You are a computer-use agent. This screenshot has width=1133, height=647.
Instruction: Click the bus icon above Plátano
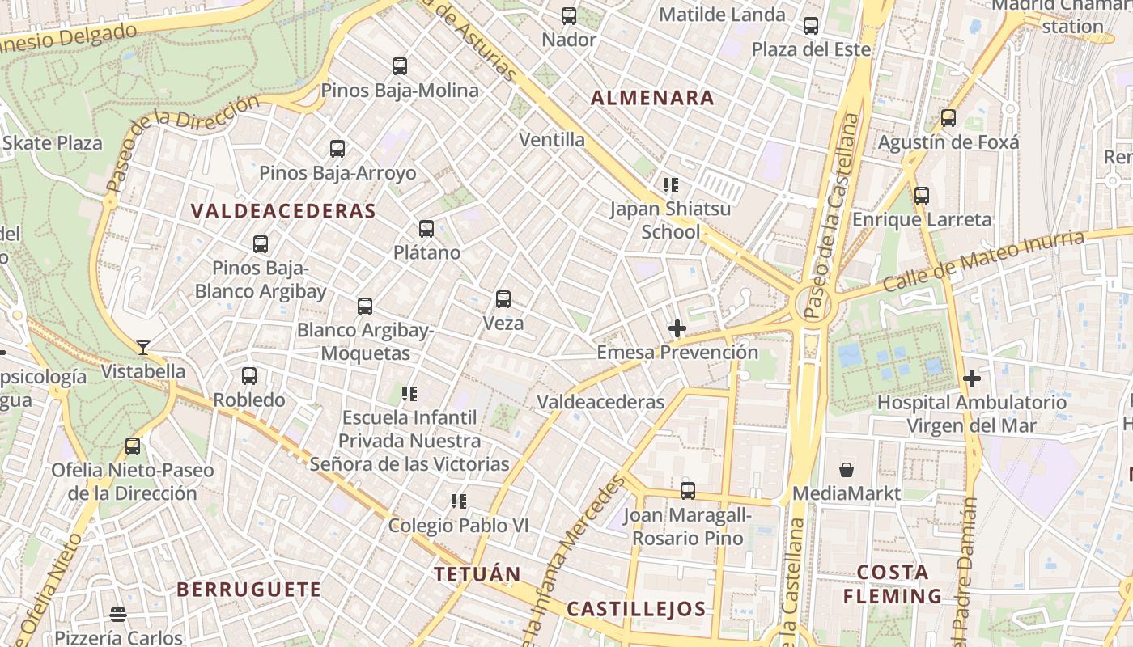coord(426,229)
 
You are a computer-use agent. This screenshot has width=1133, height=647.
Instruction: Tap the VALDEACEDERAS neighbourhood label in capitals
coord(283,212)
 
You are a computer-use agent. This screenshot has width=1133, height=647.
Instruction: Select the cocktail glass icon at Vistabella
coord(143,348)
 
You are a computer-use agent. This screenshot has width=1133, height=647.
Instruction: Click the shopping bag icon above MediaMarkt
coord(847,470)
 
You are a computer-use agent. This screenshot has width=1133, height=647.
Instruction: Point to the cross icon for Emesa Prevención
coord(677,328)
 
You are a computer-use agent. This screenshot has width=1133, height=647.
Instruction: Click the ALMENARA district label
coord(652,99)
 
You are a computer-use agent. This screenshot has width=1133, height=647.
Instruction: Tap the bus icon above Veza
coord(503,299)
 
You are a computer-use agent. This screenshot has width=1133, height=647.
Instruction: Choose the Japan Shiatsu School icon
coord(670,185)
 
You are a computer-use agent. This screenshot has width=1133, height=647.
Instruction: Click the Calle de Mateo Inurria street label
coord(982,261)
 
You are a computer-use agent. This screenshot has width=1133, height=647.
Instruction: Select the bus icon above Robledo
coord(249,376)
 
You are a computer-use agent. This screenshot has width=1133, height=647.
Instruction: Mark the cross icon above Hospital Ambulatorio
coord(972,378)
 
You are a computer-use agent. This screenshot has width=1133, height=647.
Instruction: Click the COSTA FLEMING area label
coord(893,584)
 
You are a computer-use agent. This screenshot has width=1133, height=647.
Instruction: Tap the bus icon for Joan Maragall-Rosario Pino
coord(688,490)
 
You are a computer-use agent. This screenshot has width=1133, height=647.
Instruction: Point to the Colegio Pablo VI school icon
coord(459,501)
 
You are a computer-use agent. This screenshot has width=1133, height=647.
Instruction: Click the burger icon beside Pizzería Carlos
coord(118,615)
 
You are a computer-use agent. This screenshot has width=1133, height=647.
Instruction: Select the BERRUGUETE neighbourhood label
coord(248,590)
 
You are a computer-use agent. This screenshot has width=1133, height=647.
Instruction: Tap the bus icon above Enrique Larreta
coord(922,196)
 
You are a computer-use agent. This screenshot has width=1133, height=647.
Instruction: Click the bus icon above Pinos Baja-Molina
coord(400,66)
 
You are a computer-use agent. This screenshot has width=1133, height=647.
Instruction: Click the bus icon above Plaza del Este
coord(811,26)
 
